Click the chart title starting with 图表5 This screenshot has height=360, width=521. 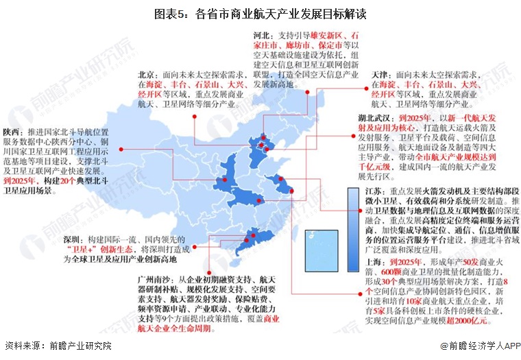tap(260, 12)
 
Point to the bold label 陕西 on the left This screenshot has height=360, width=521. tap(11, 132)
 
